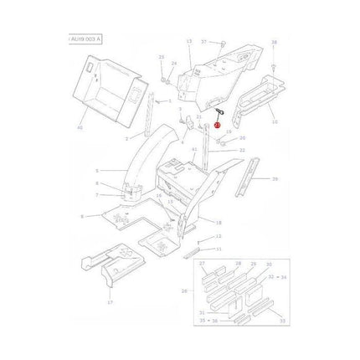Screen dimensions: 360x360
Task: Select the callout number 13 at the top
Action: point(188,40)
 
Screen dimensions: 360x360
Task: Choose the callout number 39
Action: point(275,179)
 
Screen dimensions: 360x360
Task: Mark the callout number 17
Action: point(109,303)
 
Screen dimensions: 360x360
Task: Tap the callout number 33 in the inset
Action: point(281,319)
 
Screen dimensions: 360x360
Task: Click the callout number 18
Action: point(219,224)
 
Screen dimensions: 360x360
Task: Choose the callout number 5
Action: point(96,168)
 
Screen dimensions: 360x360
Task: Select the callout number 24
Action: point(174,63)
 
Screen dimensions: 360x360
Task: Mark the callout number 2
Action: point(127,138)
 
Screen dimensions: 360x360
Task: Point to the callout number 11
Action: point(219,249)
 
